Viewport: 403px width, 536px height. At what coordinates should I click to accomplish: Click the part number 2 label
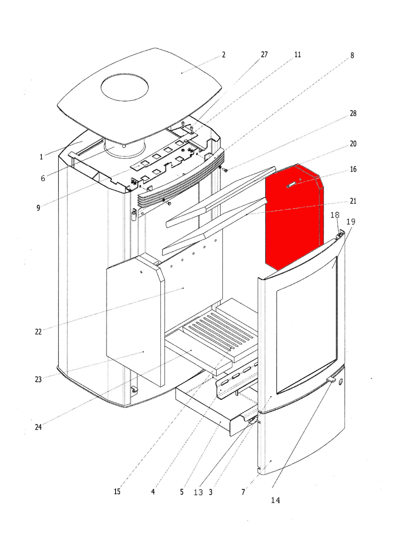tap(223, 55)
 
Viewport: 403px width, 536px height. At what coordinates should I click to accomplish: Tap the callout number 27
tap(264, 54)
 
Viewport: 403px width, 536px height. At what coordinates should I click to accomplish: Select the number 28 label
tap(353, 114)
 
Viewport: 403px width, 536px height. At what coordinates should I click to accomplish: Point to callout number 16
tap(353, 169)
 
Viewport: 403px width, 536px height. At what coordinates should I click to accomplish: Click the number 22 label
tap(38, 332)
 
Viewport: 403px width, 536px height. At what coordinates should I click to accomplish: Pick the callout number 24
tap(38, 427)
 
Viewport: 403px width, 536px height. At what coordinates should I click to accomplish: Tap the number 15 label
tap(117, 491)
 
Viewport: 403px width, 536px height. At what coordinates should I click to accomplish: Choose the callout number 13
tap(198, 492)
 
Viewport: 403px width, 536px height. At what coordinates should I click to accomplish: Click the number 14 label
tap(275, 500)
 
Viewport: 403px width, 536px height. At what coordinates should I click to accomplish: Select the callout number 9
tap(38, 208)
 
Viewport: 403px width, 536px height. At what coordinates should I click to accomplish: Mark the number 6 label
tap(43, 178)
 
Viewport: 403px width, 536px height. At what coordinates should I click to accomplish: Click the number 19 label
tap(351, 222)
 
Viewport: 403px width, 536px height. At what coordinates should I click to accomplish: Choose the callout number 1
tap(41, 157)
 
